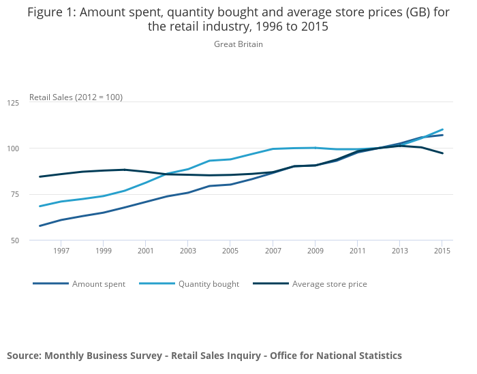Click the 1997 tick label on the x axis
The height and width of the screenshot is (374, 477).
pos(61,251)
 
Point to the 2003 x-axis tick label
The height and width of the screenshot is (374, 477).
pos(188,251)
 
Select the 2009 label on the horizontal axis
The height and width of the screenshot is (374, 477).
pos(315,251)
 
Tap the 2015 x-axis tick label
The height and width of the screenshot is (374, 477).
pos(442,251)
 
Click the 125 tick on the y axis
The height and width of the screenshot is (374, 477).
pos(13,103)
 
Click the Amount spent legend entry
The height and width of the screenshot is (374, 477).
pos(99,284)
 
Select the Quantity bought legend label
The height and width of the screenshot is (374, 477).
pos(209,284)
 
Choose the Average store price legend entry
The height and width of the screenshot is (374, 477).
pos(329,284)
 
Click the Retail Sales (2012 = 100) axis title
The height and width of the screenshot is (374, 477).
pos(76,97)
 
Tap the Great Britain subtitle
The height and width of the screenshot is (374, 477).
pos(238,44)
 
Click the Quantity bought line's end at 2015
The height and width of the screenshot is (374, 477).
pos(442,129)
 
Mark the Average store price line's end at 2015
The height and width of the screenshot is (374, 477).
pos(442,153)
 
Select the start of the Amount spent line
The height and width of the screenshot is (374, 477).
pos(40,225)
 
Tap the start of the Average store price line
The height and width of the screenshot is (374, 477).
pos(40,176)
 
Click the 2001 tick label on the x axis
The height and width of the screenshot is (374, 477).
pos(146,251)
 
